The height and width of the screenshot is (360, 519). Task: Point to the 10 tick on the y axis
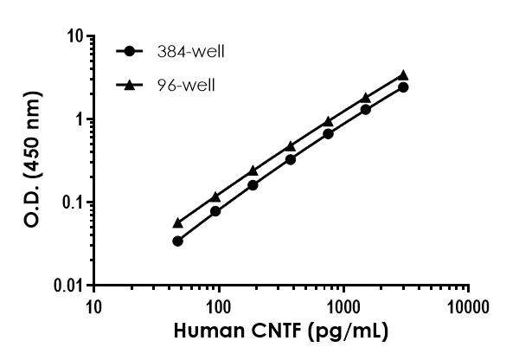pos(75,36)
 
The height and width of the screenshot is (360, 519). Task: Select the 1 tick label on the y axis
pos(79,119)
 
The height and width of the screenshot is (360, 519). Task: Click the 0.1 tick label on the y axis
pos(73,202)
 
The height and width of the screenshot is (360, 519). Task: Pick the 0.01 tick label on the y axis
pos(69,286)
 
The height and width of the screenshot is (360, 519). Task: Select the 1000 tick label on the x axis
pos(343,305)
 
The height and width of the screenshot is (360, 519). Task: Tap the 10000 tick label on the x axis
pos(469,305)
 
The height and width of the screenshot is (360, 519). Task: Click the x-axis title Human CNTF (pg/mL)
pos(281,331)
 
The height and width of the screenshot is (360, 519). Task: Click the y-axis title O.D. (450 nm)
pos(30,161)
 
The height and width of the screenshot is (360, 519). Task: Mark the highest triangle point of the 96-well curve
pos(403,75)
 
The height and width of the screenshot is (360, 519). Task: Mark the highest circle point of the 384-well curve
pos(403,87)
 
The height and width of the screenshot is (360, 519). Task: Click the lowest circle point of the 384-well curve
pos(177,241)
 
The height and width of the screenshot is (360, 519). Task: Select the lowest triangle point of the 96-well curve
pos(177,222)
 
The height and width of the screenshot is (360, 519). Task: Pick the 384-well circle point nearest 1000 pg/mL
pos(328,133)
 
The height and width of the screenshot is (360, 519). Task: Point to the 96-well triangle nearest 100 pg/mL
pos(215,196)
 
